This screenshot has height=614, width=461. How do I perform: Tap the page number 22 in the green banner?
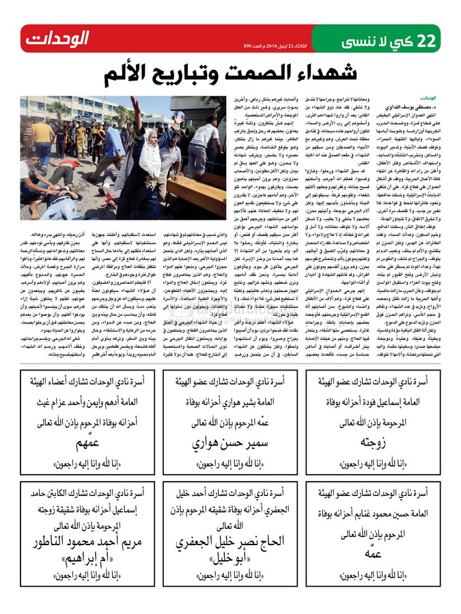coord(425,40)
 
